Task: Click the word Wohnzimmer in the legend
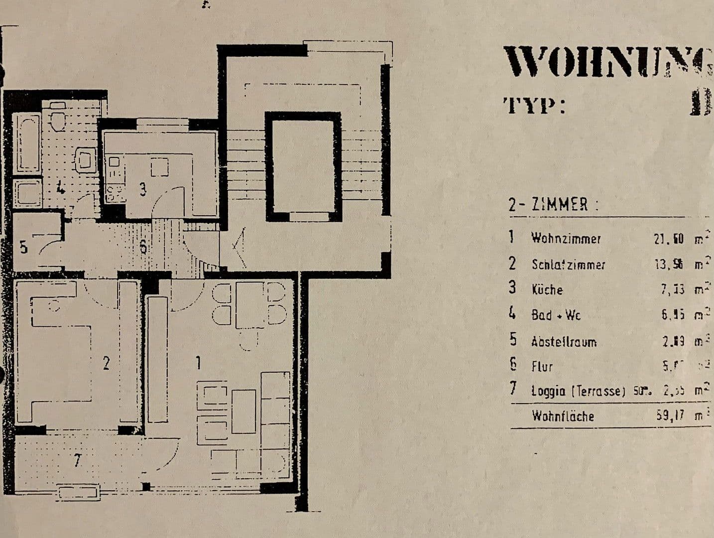pyautogui.click(x=566, y=238)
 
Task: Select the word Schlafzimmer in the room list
pyautogui.click(x=568, y=265)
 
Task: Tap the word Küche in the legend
pyautogui.click(x=547, y=290)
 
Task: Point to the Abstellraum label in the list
pyautogui.click(x=563, y=342)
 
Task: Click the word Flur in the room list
pyautogui.click(x=542, y=367)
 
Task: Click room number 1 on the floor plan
pyautogui.click(x=198, y=363)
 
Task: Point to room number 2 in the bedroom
pyautogui.click(x=106, y=363)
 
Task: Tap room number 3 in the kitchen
pyautogui.click(x=142, y=189)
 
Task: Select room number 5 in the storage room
pyautogui.click(x=23, y=247)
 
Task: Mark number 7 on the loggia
pyautogui.click(x=77, y=461)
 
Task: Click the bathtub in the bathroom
pyautogui.click(x=28, y=142)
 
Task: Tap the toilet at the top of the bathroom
pyautogui.click(x=58, y=117)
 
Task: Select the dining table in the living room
pyautogui.click(x=250, y=305)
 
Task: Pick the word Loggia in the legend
pyautogui.click(x=548, y=391)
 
